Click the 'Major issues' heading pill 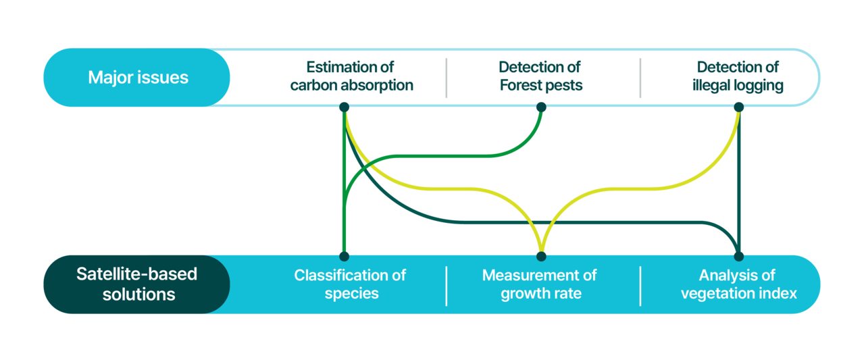(137, 77)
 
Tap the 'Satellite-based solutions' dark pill (137, 284)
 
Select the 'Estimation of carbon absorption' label (351, 76)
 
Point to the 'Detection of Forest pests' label (541, 76)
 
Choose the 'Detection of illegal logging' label (738, 76)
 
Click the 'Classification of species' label (350, 284)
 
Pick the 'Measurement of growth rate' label (540, 284)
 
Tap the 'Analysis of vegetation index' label (738, 284)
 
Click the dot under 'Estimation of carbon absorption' (344, 107)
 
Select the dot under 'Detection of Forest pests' (541, 107)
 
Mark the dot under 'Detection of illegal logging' (738, 107)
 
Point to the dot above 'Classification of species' (344, 256)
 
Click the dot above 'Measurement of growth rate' (541, 256)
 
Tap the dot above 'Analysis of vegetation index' (738, 256)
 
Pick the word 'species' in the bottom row (351, 294)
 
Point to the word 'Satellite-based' (136, 274)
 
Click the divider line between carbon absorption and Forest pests (447, 78)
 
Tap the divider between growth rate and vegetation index (640, 286)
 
